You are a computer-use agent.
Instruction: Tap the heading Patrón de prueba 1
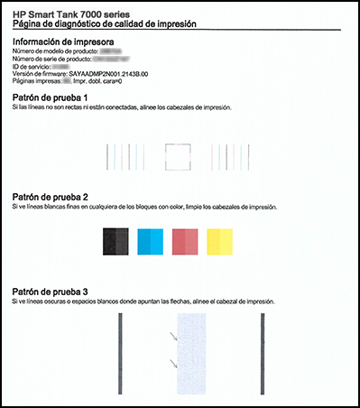[x=51, y=96]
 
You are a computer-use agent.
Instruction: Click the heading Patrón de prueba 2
[x=51, y=196]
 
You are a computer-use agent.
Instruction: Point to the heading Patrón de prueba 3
[x=51, y=292]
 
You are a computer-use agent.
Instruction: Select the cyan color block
[x=151, y=241]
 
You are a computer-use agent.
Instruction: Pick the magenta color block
[x=185, y=241]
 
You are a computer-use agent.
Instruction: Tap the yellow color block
[x=220, y=241]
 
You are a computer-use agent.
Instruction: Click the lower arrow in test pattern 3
[x=171, y=365]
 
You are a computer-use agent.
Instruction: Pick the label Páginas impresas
[x=35, y=81]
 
